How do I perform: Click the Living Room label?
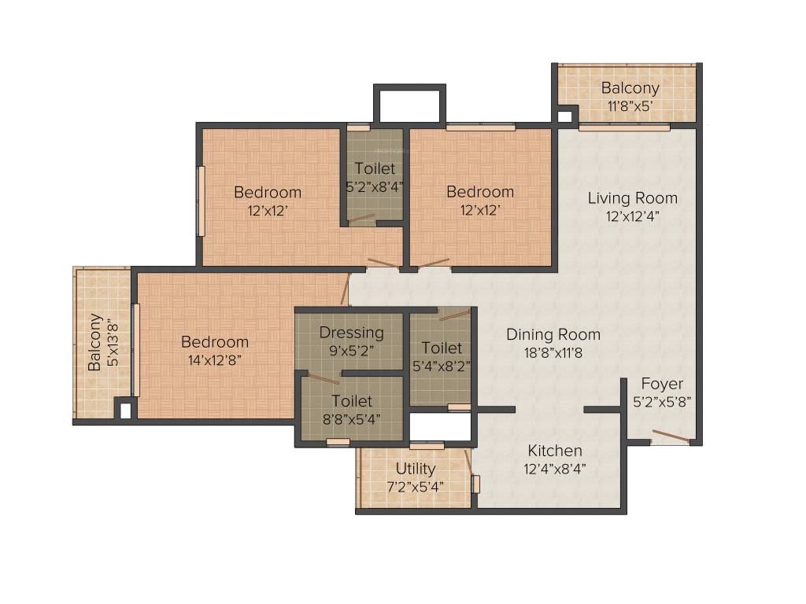pyautogui.click(x=632, y=197)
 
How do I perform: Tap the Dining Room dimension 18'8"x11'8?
pyautogui.click(x=553, y=352)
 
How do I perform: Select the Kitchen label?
pyautogui.click(x=555, y=451)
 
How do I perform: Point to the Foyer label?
pyautogui.click(x=662, y=384)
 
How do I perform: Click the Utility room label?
pyautogui.click(x=416, y=469)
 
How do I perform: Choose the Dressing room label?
pyautogui.click(x=351, y=333)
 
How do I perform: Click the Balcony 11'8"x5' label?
pyautogui.click(x=630, y=87)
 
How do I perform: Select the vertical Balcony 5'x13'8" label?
pyautogui.click(x=94, y=342)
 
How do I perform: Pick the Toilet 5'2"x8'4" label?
pyautogui.click(x=375, y=168)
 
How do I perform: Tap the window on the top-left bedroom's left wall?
pyautogui.click(x=201, y=201)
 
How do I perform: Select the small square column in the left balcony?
pyautogui.click(x=123, y=409)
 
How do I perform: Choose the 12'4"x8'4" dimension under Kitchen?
pyautogui.click(x=555, y=470)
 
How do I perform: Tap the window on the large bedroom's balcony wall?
pyautogui.click(x=136, y=350)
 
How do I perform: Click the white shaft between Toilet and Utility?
pyautogui.click(x=440, y=425)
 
